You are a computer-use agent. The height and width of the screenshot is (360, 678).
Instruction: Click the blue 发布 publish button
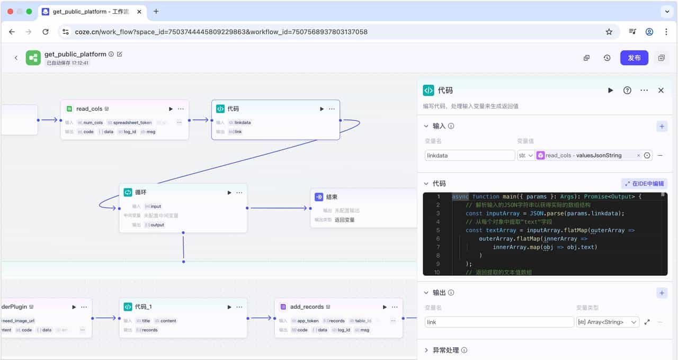pyautogui.click(x=634, y=58)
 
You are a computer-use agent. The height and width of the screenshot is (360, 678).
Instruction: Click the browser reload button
pyautogui.click(x=46, y=32)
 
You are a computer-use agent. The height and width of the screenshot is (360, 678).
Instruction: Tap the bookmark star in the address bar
pyautogui.click(x=609, y=32)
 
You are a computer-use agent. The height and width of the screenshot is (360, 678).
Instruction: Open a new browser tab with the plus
pyautogui.click(x=156, y=11)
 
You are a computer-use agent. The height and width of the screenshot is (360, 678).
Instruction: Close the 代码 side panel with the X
pyautogui.click(x=661, y=91)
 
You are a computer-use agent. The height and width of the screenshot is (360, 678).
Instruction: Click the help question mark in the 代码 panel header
pyautogui.click(x=627, y=91)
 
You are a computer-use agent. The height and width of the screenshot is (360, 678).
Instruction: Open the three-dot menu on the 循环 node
pyautogui.click(x=239, y=193)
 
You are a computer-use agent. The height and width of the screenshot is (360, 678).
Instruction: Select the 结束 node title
pyautogui.click(x=332, y=197)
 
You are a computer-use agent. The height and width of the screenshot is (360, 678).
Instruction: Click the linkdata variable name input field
pyautogui.click(x=469, y=156)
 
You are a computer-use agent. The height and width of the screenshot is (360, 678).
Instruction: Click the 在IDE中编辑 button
pyautogui.click(x=644, y=184)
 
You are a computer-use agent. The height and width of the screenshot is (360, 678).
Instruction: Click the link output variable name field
pyautogui.click(x=499, y=322)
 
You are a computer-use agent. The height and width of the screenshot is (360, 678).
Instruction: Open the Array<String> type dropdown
pyautogui.click(x=608, y=322)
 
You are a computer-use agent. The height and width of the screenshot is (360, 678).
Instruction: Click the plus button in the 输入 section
pyautogui.click(x=662, y=126)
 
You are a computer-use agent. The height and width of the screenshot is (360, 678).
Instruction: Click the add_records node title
pyautogui.click(x=307, y=307)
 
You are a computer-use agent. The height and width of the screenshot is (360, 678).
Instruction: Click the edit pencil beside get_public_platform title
pyautogui.click(x=120, y=54)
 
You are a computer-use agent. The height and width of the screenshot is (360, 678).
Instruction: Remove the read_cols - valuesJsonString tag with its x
pyautogui.click(x=638, y=156)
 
